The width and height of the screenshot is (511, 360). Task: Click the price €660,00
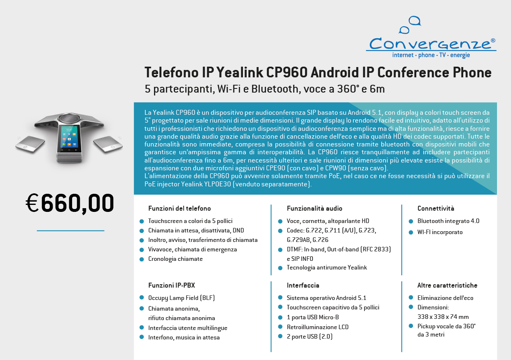70,203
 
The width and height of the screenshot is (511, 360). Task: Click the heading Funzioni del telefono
180,209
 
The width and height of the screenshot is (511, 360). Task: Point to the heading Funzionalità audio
315,209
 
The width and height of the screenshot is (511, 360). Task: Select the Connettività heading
436,209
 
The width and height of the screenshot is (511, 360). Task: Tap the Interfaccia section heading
303,285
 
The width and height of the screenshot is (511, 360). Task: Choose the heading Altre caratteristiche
447,285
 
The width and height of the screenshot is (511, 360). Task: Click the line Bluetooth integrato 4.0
448,221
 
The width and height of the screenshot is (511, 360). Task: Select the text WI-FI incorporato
440,232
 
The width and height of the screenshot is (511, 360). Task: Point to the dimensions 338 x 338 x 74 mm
443,317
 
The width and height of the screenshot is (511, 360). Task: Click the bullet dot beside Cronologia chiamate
142,259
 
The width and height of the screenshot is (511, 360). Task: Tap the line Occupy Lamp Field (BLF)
182,298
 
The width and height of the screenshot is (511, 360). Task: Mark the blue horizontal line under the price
70,231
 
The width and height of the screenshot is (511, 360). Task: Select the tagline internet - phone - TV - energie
431,56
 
